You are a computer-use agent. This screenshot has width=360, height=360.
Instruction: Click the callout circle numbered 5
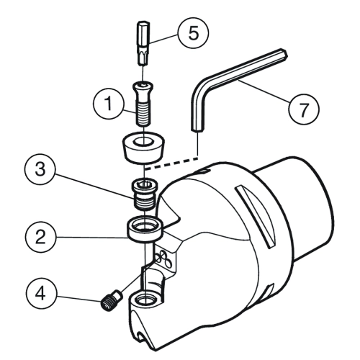click(x=193, y=33)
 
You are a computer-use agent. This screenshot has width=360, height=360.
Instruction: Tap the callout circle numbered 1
click(x=109, y=104)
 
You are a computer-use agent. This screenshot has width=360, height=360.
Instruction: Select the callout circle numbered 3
click(x=40, y=169)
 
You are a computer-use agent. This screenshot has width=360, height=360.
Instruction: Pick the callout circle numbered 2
click(x=40, y=237)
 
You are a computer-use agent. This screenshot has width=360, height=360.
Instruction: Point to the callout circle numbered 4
click(x=41, y=294)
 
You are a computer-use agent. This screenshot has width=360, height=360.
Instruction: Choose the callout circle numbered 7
click(x=304, y=109)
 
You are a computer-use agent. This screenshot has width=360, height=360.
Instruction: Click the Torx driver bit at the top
click(x=143, y=43)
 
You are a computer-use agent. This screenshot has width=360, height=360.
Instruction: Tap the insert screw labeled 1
click(x=143, y=103)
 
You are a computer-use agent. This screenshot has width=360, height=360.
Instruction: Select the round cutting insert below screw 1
click(x=143, y=148)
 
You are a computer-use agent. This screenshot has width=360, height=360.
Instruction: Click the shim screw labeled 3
click(x=144, y=194)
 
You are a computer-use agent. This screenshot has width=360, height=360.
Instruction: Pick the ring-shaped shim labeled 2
click(x=145, y=229)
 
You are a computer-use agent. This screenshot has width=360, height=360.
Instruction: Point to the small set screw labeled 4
click(x=111, y=300)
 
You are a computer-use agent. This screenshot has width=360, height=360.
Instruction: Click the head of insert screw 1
click(x=143, y=86)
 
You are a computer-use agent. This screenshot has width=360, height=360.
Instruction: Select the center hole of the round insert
click(x=143, y=141)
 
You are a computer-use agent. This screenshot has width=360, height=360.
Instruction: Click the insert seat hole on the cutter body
click(x=145, y=299)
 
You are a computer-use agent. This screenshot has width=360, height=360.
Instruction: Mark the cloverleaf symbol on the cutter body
click(x=163, y=259)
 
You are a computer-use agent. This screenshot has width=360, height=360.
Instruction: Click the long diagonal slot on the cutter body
click(x=254, y=216)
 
